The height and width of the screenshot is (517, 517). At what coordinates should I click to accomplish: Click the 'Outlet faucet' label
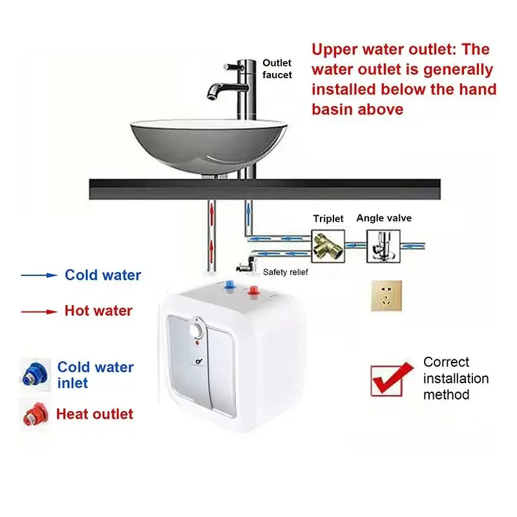[x=277, y=69]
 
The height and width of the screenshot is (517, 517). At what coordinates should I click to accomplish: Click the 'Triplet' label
[x=328, y=218]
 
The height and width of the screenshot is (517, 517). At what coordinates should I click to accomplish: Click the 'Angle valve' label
[x=384, y=218]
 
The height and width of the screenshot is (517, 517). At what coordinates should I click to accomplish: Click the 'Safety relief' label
[x=286, y=272]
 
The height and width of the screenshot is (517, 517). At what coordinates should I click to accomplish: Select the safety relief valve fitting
[x=245, y=264]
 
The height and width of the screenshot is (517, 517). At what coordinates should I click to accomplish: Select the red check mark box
[x=390, y=379]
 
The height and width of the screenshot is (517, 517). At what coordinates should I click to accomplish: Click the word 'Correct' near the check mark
[x=446, y=362]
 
